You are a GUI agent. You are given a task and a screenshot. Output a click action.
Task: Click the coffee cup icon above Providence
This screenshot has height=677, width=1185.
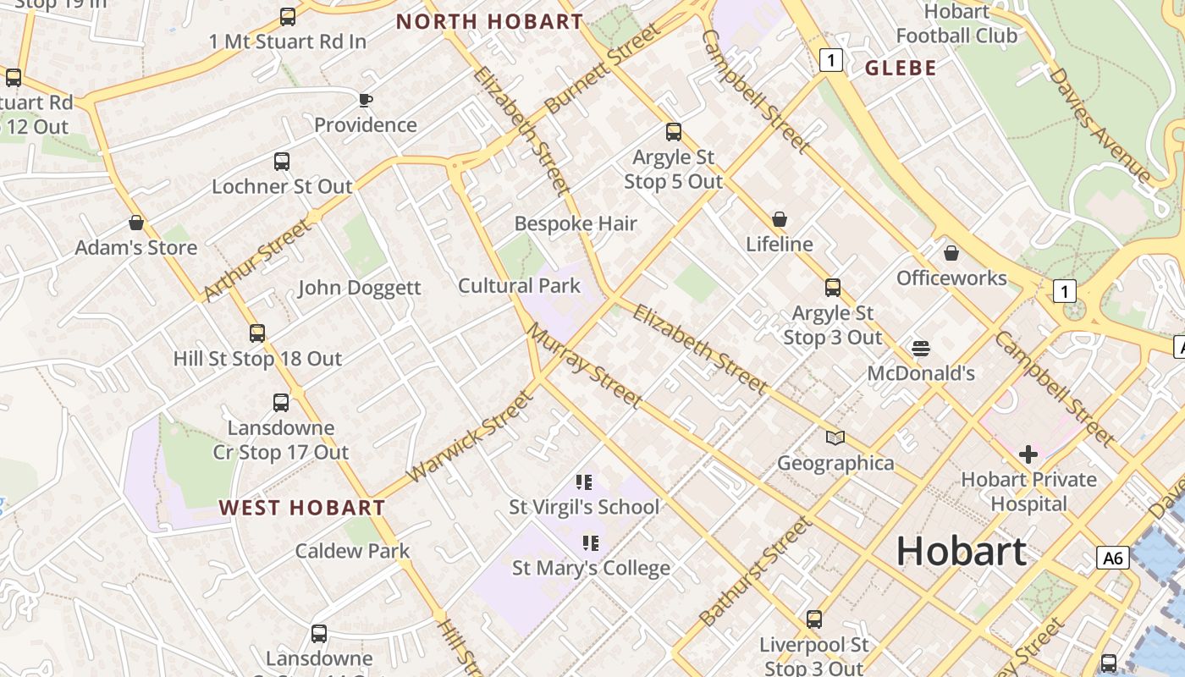(x=366, y=101)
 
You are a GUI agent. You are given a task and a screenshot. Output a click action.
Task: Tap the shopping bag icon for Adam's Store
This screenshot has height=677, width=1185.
(x=136, y=223)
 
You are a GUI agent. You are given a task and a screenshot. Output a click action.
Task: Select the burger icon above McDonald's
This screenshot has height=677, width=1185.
(x=921, y=348)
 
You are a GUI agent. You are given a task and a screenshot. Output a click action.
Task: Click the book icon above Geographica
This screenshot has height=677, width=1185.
(x=835, y=438)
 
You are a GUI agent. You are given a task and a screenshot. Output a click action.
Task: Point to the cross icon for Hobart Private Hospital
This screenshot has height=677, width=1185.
(x=1028, y=454)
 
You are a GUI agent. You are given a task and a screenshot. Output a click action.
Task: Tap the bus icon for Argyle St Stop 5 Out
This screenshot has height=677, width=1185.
(x=674, y=132)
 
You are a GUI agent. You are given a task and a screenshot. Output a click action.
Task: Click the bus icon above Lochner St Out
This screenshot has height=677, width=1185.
(x=282, y=162)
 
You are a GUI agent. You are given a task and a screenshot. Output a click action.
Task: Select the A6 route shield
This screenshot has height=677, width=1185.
(x=1113, y=558)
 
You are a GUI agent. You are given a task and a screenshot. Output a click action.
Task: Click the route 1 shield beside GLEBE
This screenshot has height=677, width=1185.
(x=832, y=60)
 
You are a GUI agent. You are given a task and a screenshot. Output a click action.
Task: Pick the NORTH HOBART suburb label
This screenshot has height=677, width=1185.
(x=490, y=22)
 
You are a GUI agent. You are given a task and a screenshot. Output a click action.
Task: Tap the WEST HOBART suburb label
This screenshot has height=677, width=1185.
(x=302, y=508)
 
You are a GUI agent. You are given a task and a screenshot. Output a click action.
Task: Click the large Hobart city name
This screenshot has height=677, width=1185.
(x=962, y=551)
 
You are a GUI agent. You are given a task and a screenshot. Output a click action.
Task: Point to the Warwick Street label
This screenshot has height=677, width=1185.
(x=470, y=436)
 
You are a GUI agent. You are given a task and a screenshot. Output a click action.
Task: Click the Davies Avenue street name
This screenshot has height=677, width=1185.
(x=1100, y=124)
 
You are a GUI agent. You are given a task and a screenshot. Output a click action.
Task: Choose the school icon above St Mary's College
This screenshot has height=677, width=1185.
(x=590, y=542)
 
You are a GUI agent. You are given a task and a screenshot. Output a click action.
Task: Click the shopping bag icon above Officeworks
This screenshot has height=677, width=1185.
(x=951, y=253)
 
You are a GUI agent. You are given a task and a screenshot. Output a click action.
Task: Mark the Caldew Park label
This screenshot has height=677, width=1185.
(x=352, y=551)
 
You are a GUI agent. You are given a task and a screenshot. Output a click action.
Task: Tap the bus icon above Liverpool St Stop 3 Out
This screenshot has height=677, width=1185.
(x=814, y=619)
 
